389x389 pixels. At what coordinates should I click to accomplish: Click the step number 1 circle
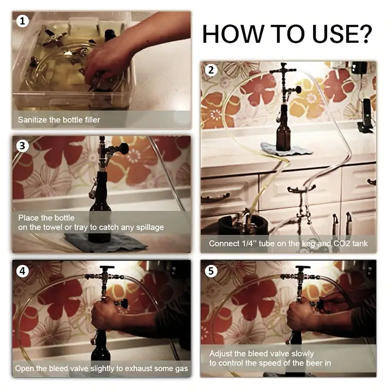pos(22,21)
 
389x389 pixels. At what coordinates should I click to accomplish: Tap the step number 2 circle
pos(211,70)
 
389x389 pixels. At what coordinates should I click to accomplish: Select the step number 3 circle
pos(22,145)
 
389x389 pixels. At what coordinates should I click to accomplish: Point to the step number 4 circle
pos(22,271)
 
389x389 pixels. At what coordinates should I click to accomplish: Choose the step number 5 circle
pos(211,271)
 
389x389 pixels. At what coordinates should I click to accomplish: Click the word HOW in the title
pos(233,34)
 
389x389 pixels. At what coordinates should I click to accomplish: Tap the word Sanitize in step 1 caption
pos(33,120)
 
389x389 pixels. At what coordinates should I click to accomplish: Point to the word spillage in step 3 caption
pos(150,228)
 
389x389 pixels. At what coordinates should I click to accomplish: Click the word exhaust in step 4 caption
pos(138,369)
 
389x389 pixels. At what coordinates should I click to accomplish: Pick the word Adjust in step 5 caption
pos(221,354)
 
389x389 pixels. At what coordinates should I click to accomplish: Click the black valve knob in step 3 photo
pos(124,148)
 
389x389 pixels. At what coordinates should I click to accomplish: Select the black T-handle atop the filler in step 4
pos(107,268)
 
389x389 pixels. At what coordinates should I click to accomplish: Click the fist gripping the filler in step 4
pos(104,315)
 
